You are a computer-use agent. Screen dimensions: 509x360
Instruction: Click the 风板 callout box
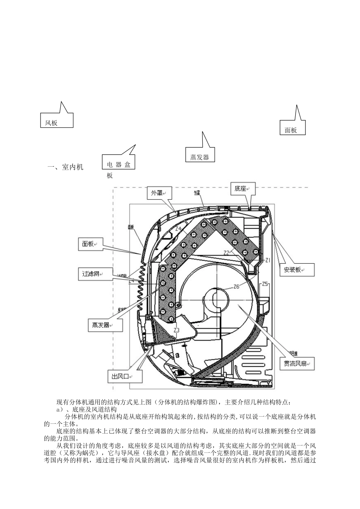[56, 120]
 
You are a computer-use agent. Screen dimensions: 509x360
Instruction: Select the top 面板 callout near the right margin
[292, 127]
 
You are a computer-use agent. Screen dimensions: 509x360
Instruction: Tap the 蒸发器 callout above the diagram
[200, 154]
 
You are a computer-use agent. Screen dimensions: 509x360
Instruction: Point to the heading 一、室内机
[65, 167]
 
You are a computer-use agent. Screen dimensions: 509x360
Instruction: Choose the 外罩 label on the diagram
[158, 193]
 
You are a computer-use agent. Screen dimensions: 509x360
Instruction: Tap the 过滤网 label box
[92, 273]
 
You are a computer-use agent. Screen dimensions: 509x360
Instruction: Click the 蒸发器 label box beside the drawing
[102, 325]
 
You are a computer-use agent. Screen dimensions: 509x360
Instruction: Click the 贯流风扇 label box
[297, 364]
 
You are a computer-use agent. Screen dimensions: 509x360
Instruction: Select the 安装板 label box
[294, 270]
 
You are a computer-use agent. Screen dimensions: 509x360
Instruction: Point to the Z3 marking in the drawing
[176, 330]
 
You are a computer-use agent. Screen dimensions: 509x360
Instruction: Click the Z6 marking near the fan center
[236, 286]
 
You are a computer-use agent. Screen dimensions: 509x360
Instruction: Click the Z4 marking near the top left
[178, 228]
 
